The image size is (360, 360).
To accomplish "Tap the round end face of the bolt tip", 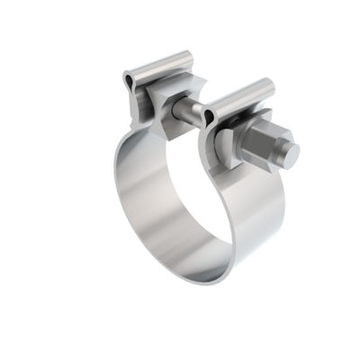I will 291,154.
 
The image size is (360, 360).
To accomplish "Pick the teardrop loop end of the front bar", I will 209,116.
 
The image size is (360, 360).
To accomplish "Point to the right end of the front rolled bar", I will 270,86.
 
